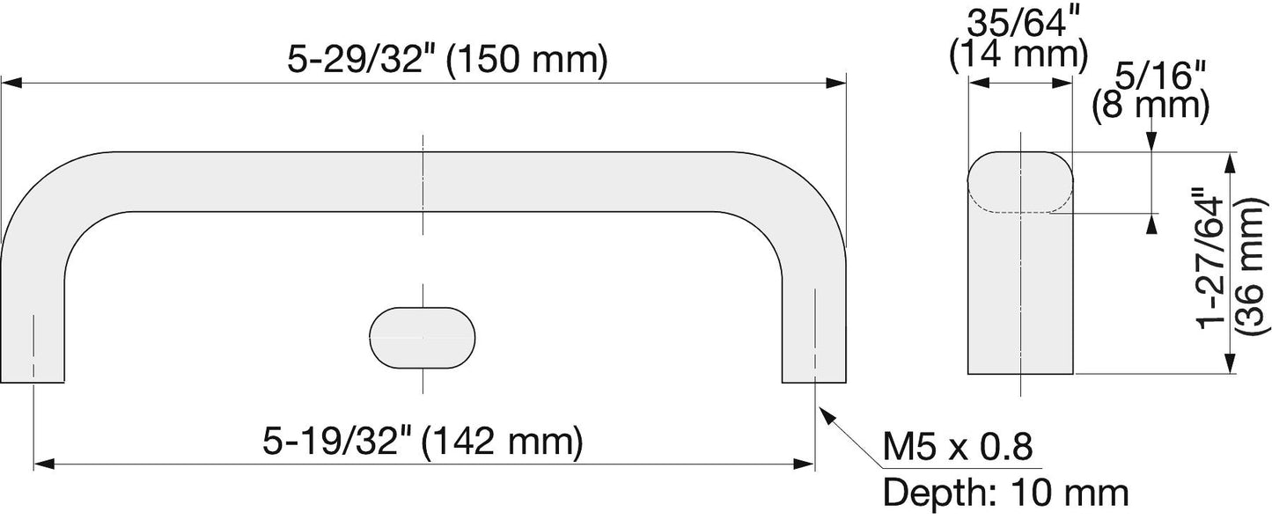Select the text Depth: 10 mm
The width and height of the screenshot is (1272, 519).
pos(1005,493)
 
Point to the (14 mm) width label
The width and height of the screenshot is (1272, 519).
pos(1018,55)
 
